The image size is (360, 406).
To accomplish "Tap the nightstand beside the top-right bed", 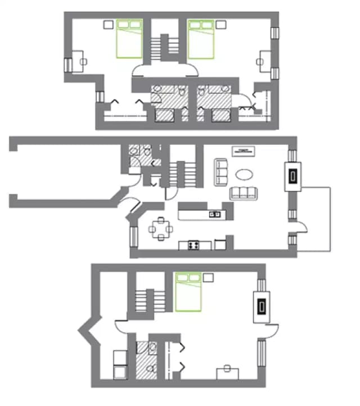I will click(x=221, y=24).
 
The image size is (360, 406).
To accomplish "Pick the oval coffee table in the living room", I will click(x=243, y=174).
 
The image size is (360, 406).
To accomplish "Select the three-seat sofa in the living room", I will click(x=243, y=192).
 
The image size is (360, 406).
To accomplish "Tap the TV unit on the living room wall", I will click(x=244, y=150).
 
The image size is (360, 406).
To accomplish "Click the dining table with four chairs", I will click(x=161, y=228).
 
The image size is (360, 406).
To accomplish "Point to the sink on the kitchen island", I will click(x=215, y=214).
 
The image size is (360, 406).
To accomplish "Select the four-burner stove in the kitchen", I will click(x=195, y=245).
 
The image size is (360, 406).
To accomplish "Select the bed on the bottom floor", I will click(x=188, y=291).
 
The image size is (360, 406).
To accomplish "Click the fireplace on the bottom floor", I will click(x=262, y=306).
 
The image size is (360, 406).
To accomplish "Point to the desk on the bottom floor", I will click(x=228, y=373).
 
